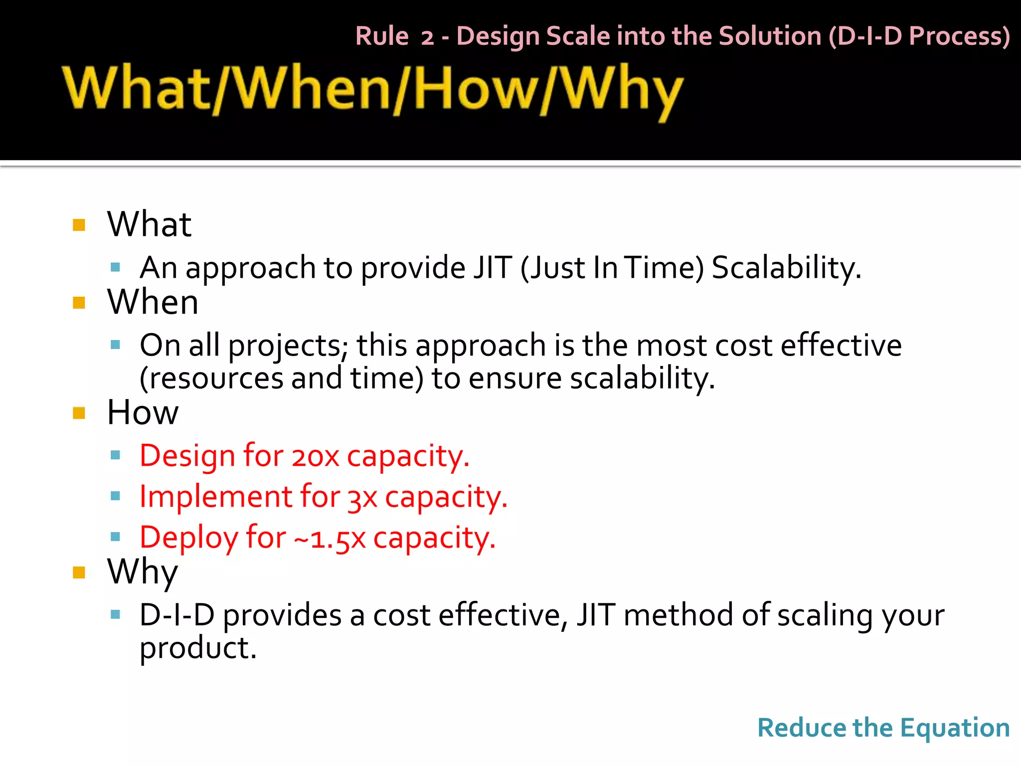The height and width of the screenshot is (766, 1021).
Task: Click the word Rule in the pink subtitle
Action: point(382,36)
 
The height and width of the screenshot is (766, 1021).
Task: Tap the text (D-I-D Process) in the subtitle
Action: point(919,36)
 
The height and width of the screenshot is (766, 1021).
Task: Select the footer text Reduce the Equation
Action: point(883,728)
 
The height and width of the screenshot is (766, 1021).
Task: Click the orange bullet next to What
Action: point(79,225)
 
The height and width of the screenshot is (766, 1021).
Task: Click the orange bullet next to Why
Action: point(79,572)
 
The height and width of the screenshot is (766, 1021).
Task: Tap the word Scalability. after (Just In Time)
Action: point(786,268)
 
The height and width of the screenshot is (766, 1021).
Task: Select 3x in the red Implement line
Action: point(362,497)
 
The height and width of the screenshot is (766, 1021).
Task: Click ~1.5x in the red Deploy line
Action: point(330,539)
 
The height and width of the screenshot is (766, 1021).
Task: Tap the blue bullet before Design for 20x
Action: point(116,455)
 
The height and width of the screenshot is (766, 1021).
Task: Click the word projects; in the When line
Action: point(289,345)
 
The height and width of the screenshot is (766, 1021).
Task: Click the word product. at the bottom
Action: point(198,648)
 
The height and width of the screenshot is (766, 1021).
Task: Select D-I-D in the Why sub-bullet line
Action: point(176,615)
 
